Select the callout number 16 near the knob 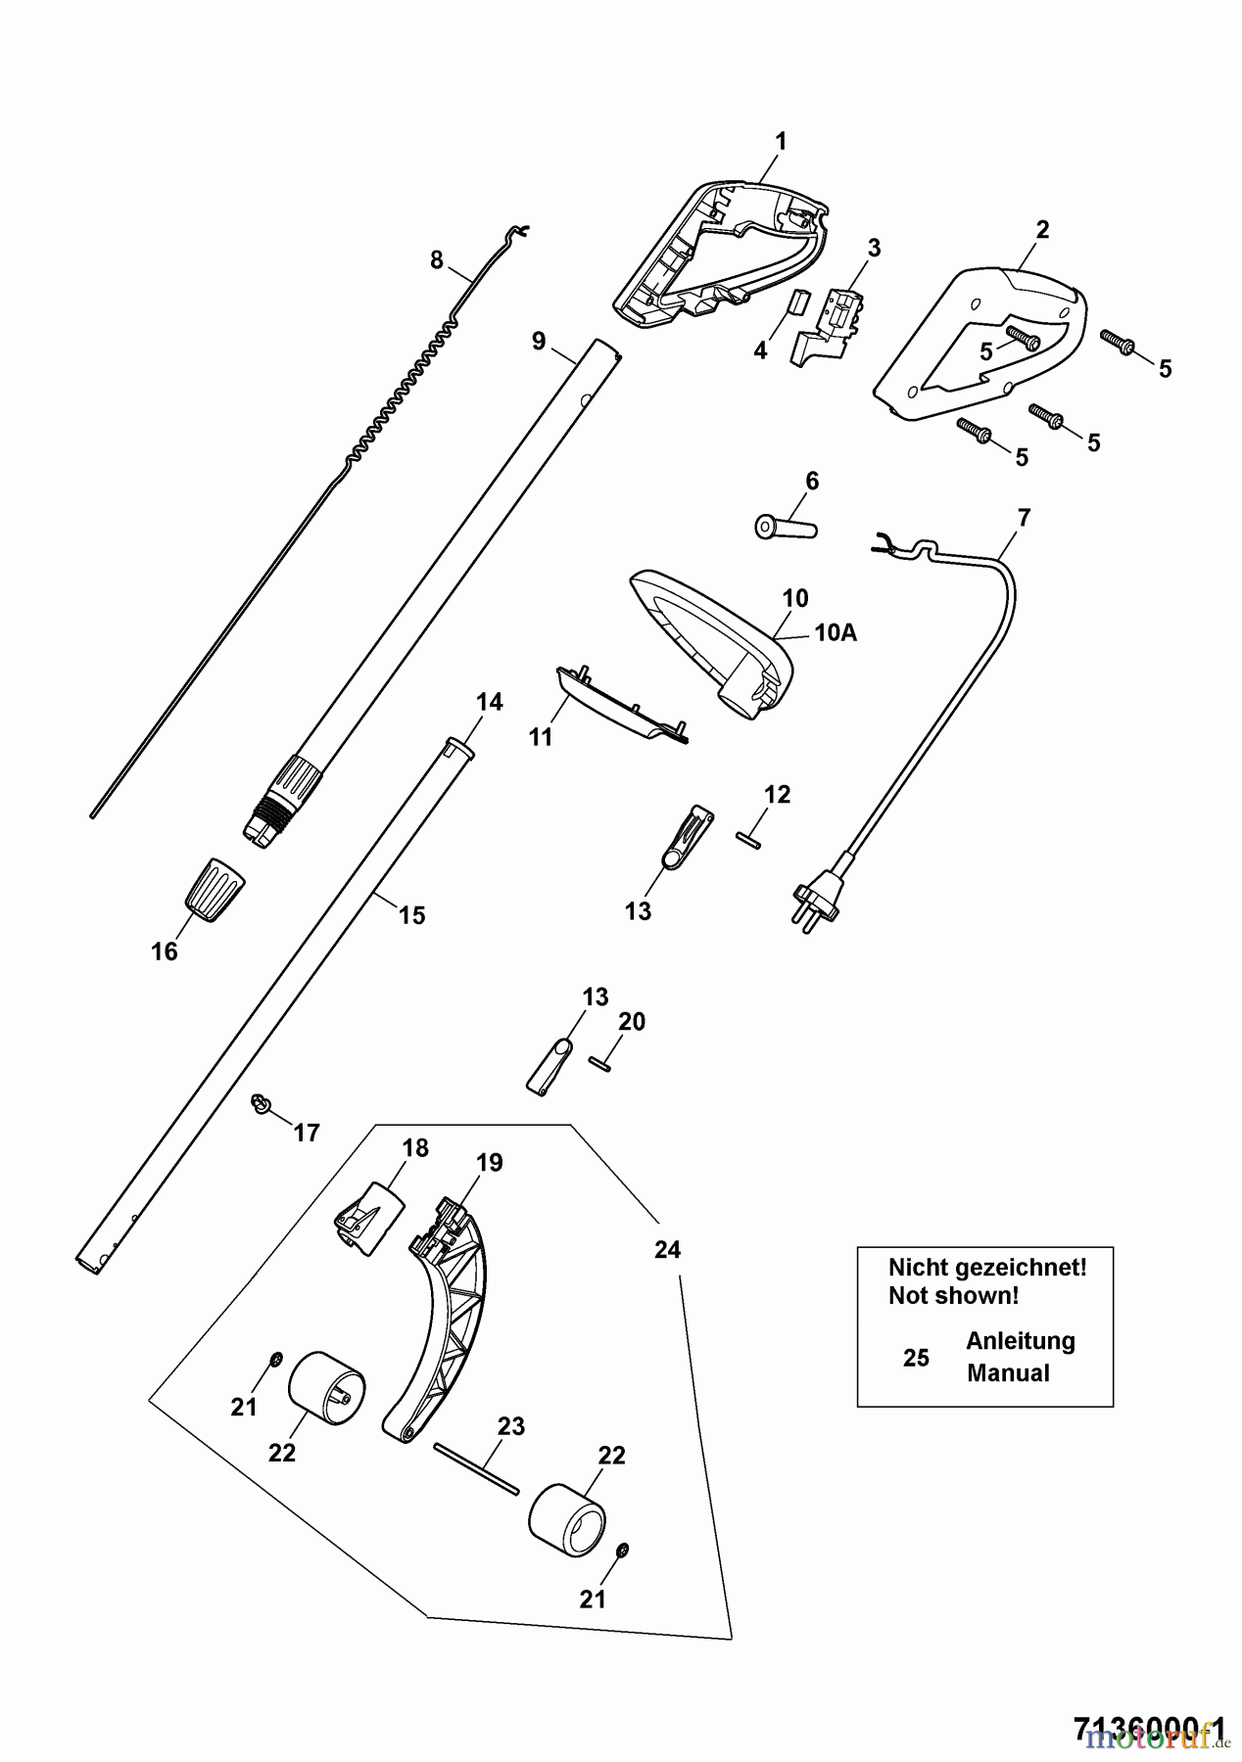click(x=164, y=951)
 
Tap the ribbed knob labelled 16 click(x=215, y=888)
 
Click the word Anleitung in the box click(x=1020, y=1340)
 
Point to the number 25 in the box click(x=916, y=1358)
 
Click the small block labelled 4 click(x=795, y=303)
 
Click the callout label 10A click(x=835, y=633)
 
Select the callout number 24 click(x=667, y=1250)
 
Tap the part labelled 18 click(x=369, y=1217)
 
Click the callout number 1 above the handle click(x=781, y=141)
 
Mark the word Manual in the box click(x=1008, y=1372)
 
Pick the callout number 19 click(x=490, y=1162)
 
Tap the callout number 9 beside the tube click(x=539, y=341)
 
